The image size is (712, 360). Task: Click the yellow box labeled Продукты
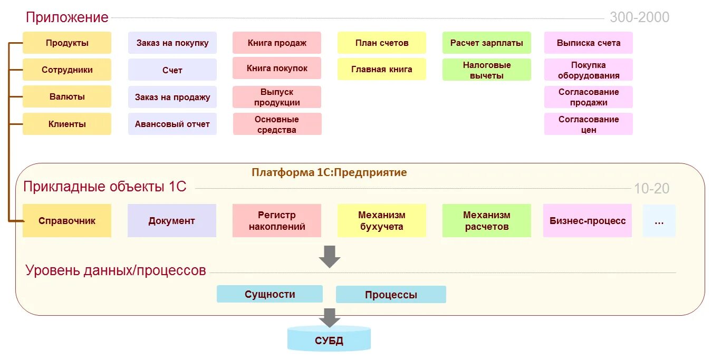pyautogui.click(x=67, y=43)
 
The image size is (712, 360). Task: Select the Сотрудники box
pyautogui.click(x=67, y=70)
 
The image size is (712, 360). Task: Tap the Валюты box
pyautogui.click(x=67, y=97)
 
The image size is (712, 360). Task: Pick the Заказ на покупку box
pyautogui.click(x=172, y=43)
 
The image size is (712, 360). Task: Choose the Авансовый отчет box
pyautogui.click(x=172, y=124)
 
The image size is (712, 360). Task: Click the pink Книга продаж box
pyautogui.click(x=277, y=43)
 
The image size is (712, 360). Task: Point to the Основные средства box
pyautogui.click(x=277, y=124)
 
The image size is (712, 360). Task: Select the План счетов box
pyautogui.click(x=382, y=43)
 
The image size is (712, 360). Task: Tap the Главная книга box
pyautogui.click(x=382, y=69)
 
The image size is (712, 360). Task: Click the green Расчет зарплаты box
pyautogui.click(x=487, y=43)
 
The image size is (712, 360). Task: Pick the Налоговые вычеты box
pyautogui.click(x=487, y=70)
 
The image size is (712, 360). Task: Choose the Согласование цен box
pyautogui.click(x=589, y=124)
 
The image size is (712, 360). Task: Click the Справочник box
pyautogui.click(x=67, y=221)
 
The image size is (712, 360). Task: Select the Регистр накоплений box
pyautogui.click(x=277, y=221)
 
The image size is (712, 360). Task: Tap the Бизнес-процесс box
pyautogui.click(x=588, y=221)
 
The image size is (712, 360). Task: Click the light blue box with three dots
pyautogui.click(x=659, y=221)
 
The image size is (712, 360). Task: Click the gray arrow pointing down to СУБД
pyautogui.click(x=329, y=317)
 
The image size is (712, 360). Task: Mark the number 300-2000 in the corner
pyautogui.click(x=639, y=17)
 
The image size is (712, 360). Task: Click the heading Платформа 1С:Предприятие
pyautogui.click(x=329, y=172)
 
